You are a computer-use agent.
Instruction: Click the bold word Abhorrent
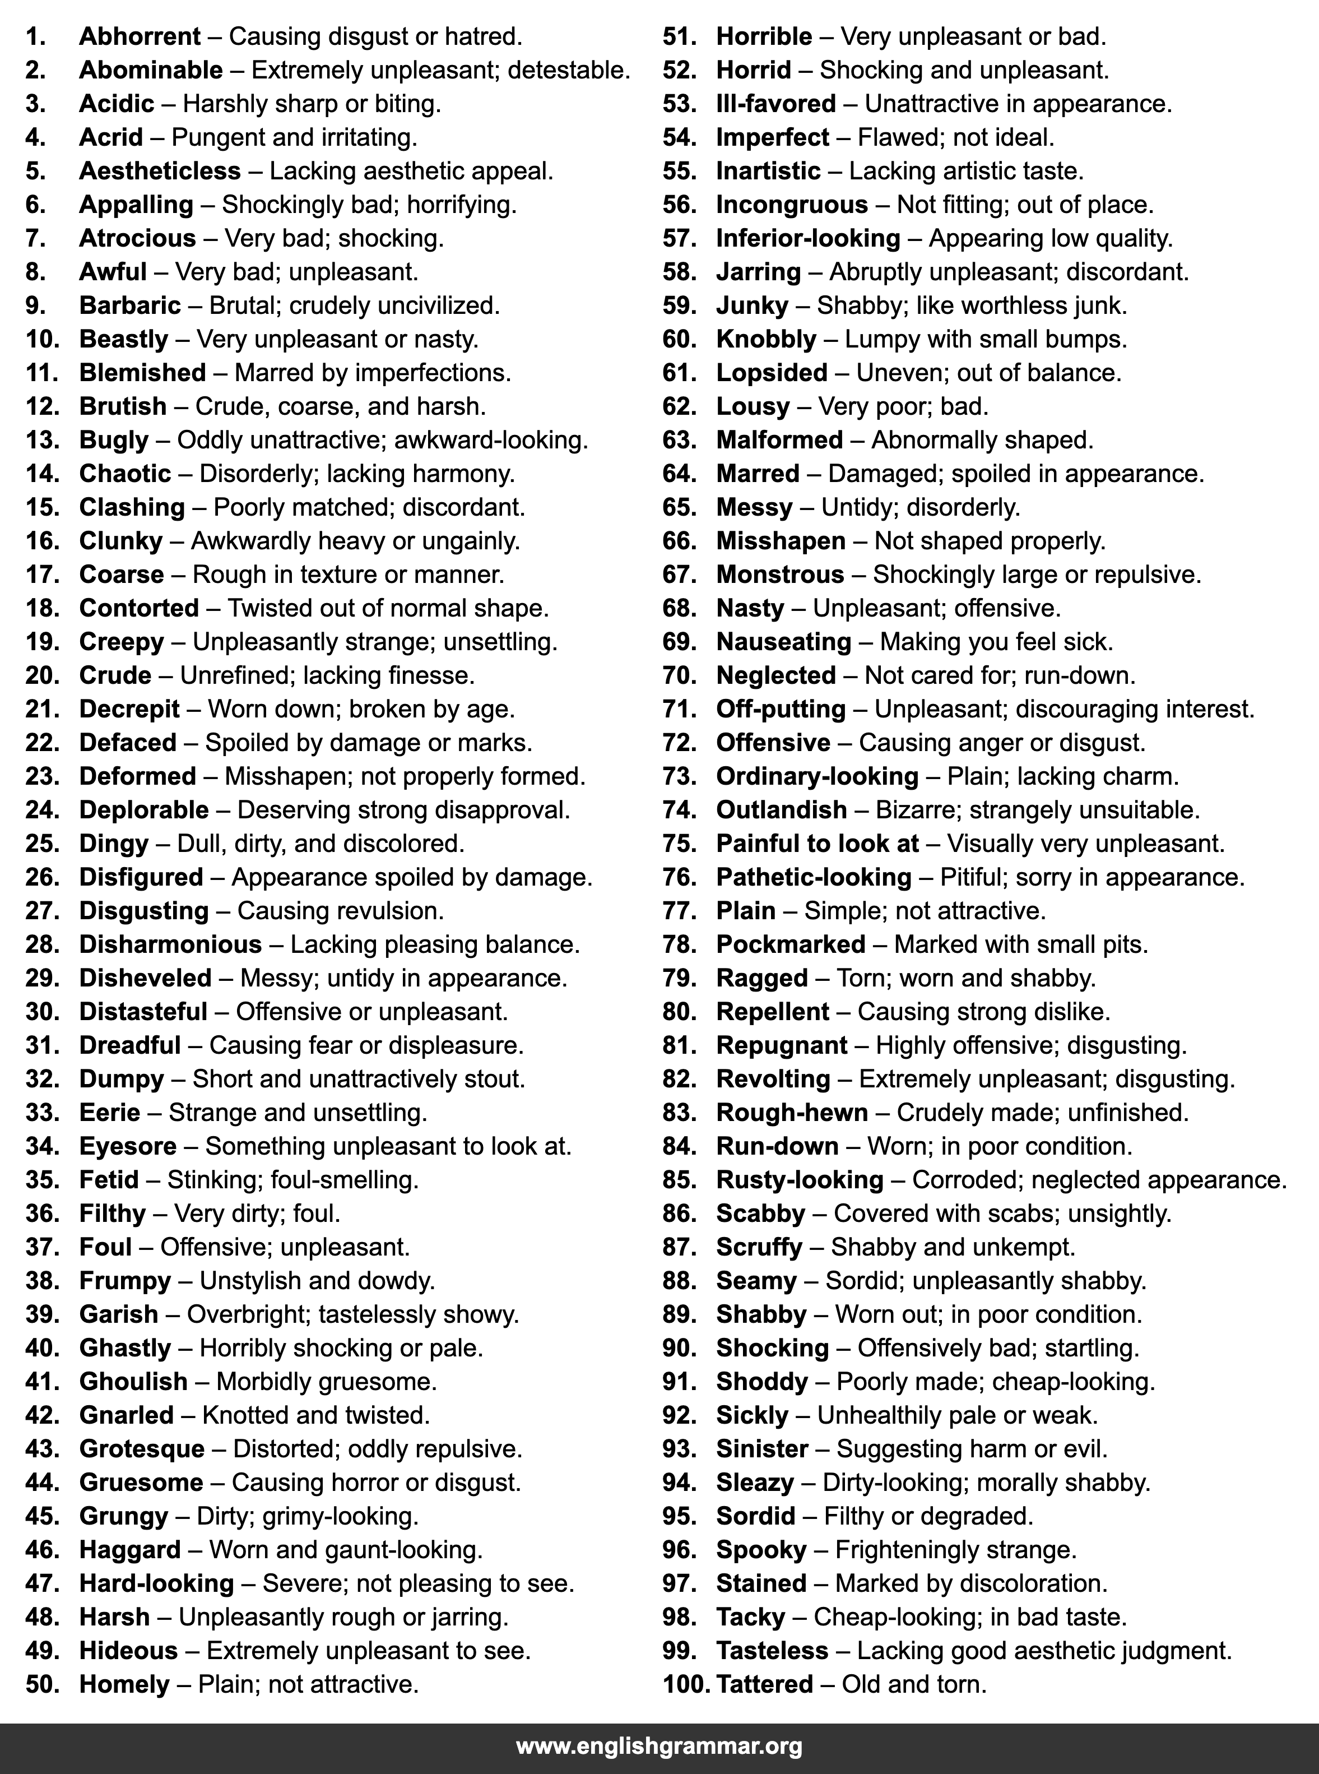pos(140,37)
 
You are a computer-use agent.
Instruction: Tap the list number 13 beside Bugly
pos(43,440)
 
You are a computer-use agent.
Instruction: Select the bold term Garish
pos(118,1314)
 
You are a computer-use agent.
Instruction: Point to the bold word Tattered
pos(764,1684)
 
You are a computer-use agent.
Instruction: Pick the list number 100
pos(686,1684)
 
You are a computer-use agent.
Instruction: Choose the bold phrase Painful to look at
pos(817,844)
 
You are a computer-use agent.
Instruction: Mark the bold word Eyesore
pos(128,1146)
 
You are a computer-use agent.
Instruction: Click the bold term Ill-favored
pos(775,104)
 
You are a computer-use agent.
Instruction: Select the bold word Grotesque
pos(141,1448)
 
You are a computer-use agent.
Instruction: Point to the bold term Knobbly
pos(766,340)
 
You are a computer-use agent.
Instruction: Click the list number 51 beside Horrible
pos(680,37)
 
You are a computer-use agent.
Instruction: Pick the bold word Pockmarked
pos(791,944)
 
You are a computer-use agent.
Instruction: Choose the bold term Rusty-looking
pos(799,1180)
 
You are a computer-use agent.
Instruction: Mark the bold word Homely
pos(124,1684)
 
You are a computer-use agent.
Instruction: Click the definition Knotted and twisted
pos(316,1415)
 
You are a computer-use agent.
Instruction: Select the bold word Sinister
pos(761,1448)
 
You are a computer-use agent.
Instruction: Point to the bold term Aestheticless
pos(160,171)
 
